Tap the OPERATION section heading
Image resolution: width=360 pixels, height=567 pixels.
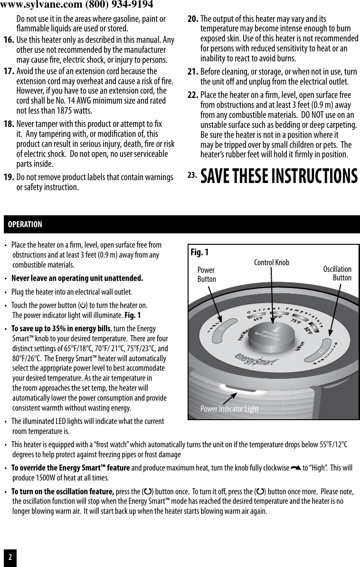tap(25, 224)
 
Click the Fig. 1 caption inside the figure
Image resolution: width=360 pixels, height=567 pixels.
tap(199, 252)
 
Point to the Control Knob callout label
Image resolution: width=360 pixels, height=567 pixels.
tap(271, 262)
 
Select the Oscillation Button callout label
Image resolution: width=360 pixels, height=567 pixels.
tap(337, 273)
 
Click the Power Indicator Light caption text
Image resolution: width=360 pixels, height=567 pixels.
tap(229, 409)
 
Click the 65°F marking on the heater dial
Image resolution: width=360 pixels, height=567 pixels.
tap(258, 319)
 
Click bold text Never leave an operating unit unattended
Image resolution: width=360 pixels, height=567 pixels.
tap(77, 278)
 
